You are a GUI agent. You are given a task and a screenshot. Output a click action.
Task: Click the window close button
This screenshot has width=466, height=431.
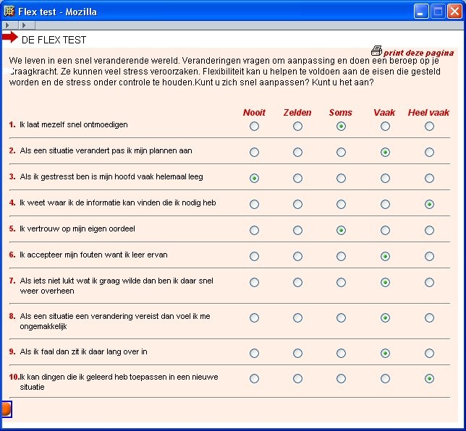454,11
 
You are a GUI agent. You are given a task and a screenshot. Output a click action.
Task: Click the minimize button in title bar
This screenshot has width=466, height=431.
421,11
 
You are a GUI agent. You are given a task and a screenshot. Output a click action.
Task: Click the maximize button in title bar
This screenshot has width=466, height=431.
438,11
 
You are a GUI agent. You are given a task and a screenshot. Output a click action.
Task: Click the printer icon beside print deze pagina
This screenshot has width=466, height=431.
376,51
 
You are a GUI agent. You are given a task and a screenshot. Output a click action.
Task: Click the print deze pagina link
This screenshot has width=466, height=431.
419,53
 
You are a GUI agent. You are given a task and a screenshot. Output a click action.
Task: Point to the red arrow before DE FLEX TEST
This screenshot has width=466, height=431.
9,38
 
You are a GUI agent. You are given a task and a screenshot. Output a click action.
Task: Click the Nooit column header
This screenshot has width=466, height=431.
254,112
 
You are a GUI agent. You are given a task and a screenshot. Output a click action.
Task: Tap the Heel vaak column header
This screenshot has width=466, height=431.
428,112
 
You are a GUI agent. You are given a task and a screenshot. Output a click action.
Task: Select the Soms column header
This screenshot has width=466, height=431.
341,112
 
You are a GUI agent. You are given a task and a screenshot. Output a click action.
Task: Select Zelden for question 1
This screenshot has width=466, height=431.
297,127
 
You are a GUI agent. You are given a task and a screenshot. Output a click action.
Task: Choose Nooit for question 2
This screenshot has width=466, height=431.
254,153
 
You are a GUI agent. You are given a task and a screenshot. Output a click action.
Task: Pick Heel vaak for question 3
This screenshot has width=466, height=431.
429,178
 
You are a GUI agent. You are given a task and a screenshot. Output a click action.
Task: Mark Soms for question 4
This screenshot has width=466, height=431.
341,205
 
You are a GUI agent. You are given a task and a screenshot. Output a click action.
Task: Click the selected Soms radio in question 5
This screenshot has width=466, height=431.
341,231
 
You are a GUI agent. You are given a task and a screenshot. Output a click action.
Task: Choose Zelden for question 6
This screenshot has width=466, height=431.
297,257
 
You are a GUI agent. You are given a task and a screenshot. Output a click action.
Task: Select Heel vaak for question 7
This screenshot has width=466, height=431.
429,283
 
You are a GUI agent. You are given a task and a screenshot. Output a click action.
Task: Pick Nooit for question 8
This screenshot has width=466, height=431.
254,318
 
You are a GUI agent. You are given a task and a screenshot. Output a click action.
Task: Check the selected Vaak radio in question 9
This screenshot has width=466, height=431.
385,354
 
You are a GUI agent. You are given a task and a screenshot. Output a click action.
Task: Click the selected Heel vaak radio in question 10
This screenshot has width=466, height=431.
429,379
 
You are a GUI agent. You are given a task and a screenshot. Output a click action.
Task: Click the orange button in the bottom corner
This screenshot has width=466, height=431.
6,409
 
